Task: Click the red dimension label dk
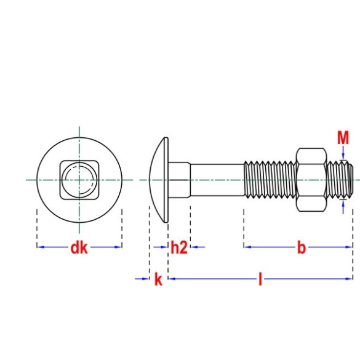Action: pyautogui.click(x=79, y=248)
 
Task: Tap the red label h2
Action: pyautogui.click(x=178, y=248)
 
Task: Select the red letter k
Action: pyautogui.click(x=158, y=280)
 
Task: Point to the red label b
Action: pyautogui.click(x=301, y=248)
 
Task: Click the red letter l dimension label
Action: pyautogui.click(x=260, y=280)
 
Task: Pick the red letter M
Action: pyautogui.click(x=343, y=138)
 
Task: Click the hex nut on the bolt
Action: pyautogui.click(x=311, y=180)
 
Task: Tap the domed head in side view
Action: pyautogui.click(x=159, y=180)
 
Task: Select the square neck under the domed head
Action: pyautogui.click(x=178, y=180)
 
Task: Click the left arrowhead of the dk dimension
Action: pyautogui.click(x=40, y=247)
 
